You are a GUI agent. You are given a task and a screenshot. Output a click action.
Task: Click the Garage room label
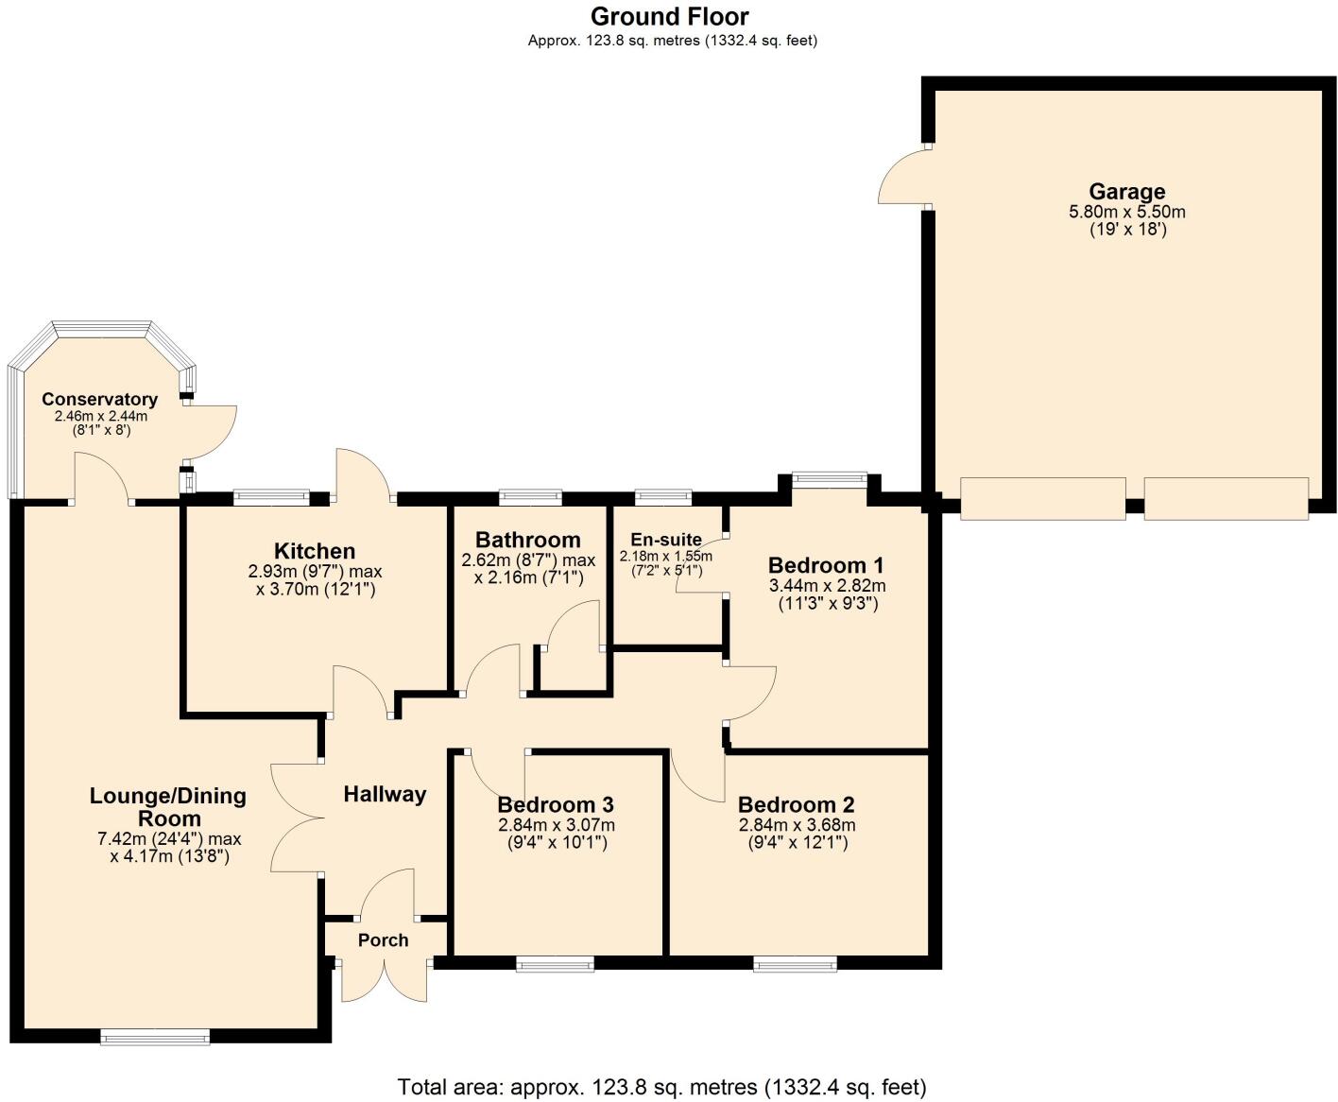[1126, 192]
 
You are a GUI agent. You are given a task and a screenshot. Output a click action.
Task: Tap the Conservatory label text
[99, 400]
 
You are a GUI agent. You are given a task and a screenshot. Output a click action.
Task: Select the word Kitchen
[315, 551]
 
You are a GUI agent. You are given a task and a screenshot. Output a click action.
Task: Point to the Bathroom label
[527, 540]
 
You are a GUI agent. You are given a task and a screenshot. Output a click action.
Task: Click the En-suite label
[666, 540]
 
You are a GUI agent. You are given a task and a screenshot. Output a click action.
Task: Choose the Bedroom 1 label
[826, 565]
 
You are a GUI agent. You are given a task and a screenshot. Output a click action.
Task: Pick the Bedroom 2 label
[796, 804]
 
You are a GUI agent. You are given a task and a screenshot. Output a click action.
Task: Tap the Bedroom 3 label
[556, 804]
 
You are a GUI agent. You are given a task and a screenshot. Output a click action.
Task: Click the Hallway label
[385, 794]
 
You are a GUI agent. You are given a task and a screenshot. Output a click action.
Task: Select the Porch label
[383, 940]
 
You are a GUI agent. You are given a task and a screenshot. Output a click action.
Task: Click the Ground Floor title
[670, 16]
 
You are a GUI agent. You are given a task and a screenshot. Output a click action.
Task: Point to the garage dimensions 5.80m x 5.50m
[1126, 212]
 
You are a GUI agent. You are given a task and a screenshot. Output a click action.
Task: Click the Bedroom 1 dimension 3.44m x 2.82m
[827, 586]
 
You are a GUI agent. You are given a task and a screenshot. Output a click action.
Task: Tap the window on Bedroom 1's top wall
[829, 477]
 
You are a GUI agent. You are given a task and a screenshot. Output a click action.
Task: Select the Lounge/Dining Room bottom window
[155, 1038]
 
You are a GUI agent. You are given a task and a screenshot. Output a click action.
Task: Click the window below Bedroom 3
[556, 964]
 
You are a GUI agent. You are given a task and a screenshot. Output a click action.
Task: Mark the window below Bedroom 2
[795, 964]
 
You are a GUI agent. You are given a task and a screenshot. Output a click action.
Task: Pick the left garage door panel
[1042, 498]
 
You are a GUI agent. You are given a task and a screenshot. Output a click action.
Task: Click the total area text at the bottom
[661, 1087]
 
